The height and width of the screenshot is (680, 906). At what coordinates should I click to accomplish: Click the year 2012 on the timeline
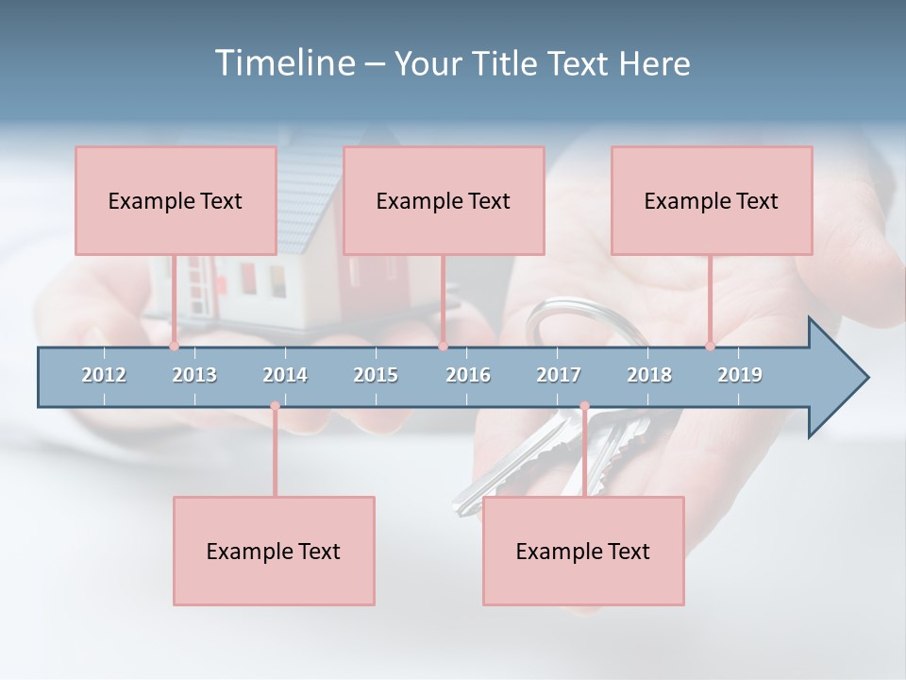pyautogui.click(x=104, y=375)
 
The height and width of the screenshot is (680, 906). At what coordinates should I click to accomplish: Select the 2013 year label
pyautogui.click(x=194, y=375)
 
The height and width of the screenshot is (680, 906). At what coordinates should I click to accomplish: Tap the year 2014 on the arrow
pyautogui.click(x=285, y=375)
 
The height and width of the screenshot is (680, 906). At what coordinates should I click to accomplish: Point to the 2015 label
pyautogui.click(x=376, y=375)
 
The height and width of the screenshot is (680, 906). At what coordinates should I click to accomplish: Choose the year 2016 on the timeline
pyautogui.click(x=468, y=375)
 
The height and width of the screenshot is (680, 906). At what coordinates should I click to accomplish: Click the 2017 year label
pyautogui.click(x=559, y=375)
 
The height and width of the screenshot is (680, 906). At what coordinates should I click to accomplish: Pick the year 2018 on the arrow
pyautogui.click(x=649, y=375)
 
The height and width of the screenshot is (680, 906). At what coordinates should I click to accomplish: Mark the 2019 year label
pyautogui.click(x=740, y=375)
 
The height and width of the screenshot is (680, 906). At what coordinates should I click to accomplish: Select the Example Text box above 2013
pyautogui.click(x=176, y=200)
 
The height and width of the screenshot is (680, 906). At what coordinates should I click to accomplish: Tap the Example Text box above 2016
pyautogui.click(x=444, y=200)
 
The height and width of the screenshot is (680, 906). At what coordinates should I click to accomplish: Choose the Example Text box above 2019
pyautogui.click(x=712, y=200)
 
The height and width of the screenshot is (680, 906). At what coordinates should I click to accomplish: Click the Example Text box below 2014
pyautogui.click(x=274, y=551)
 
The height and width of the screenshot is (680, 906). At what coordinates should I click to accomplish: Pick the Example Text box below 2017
pyautogui.click(x=583, y=551)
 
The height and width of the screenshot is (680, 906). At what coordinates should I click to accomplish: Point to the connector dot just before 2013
pyautogui.click(x=175, y=346)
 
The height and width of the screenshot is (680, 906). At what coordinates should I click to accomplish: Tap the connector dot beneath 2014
pyautogui.click(x=275, y=406)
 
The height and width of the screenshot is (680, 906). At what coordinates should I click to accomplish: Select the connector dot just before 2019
pyautogui.click(x=711, y=346)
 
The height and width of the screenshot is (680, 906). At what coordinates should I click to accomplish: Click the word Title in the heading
pyautogui.click(x=508, y=63)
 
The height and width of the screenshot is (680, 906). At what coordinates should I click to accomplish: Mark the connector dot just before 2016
pyautogui.click(x=443, y=346)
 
